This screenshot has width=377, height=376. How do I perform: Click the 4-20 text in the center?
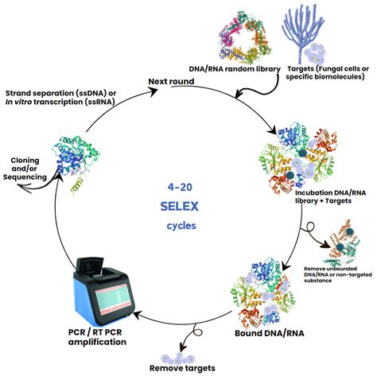pos(188,187)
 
